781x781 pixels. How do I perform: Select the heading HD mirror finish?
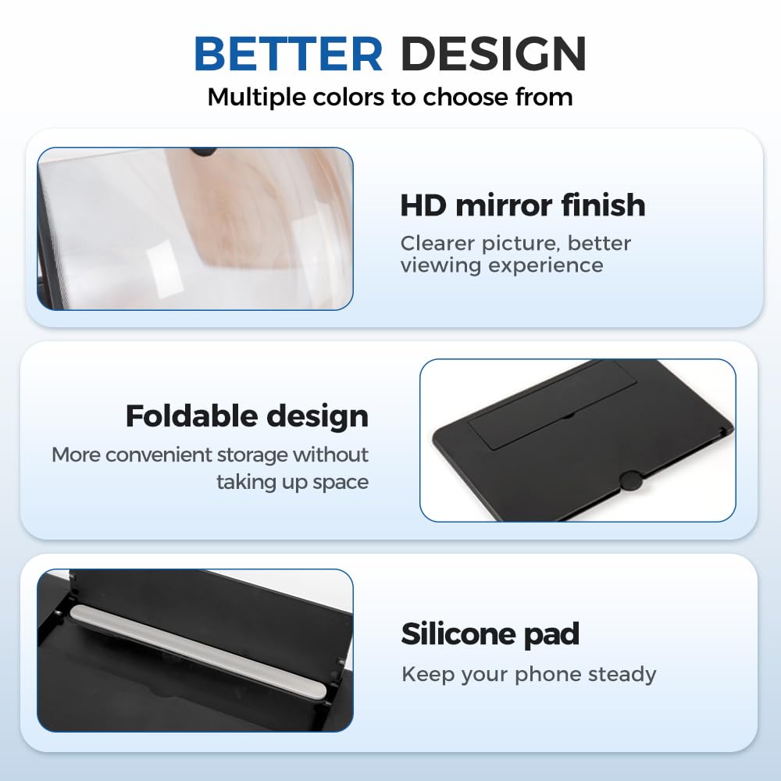click(x=522, y=205)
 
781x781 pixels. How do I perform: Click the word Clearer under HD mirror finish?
click(x=437, y=244)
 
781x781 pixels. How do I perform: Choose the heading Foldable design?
click(x=247, y=416)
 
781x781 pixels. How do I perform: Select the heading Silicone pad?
click(x=490, y=633)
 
